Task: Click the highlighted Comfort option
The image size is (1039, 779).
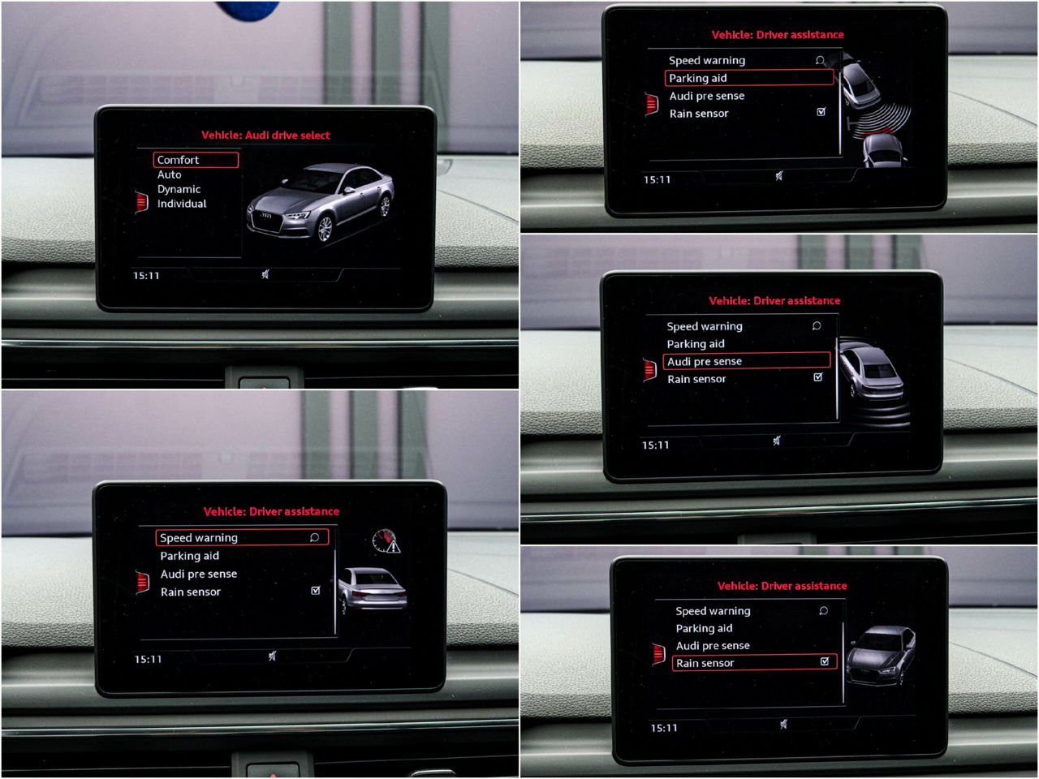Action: click(x=196, y=160)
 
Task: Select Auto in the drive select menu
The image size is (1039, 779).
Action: click(x=170, y=174)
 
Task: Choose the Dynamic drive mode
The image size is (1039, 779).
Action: click(x=179, y=189)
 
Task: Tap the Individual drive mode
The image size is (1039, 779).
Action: click(x=182, y=204)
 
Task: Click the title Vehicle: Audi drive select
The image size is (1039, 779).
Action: click(x=265, y=136)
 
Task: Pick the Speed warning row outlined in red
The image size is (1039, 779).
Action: click(x=242, y=537)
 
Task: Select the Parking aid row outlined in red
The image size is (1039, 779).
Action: click(x=749, y=78)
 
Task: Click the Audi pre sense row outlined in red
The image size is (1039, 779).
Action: click(x=747, y=361)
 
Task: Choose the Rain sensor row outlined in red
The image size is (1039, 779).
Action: click(x=755, y=663)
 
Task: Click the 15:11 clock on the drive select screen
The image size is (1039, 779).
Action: click(x=146, y=276)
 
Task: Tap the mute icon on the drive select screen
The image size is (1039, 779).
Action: click(x=265, y=274)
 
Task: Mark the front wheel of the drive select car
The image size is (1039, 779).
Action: click(x=325, y=229)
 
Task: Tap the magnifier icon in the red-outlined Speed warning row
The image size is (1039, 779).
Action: click(x=314, y=537)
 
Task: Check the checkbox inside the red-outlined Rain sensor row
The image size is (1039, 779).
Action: click(x=825, y=661)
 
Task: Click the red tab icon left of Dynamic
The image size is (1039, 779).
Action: click(x=141, y=202)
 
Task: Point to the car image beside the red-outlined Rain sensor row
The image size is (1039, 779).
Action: click(x=881, y=656)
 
